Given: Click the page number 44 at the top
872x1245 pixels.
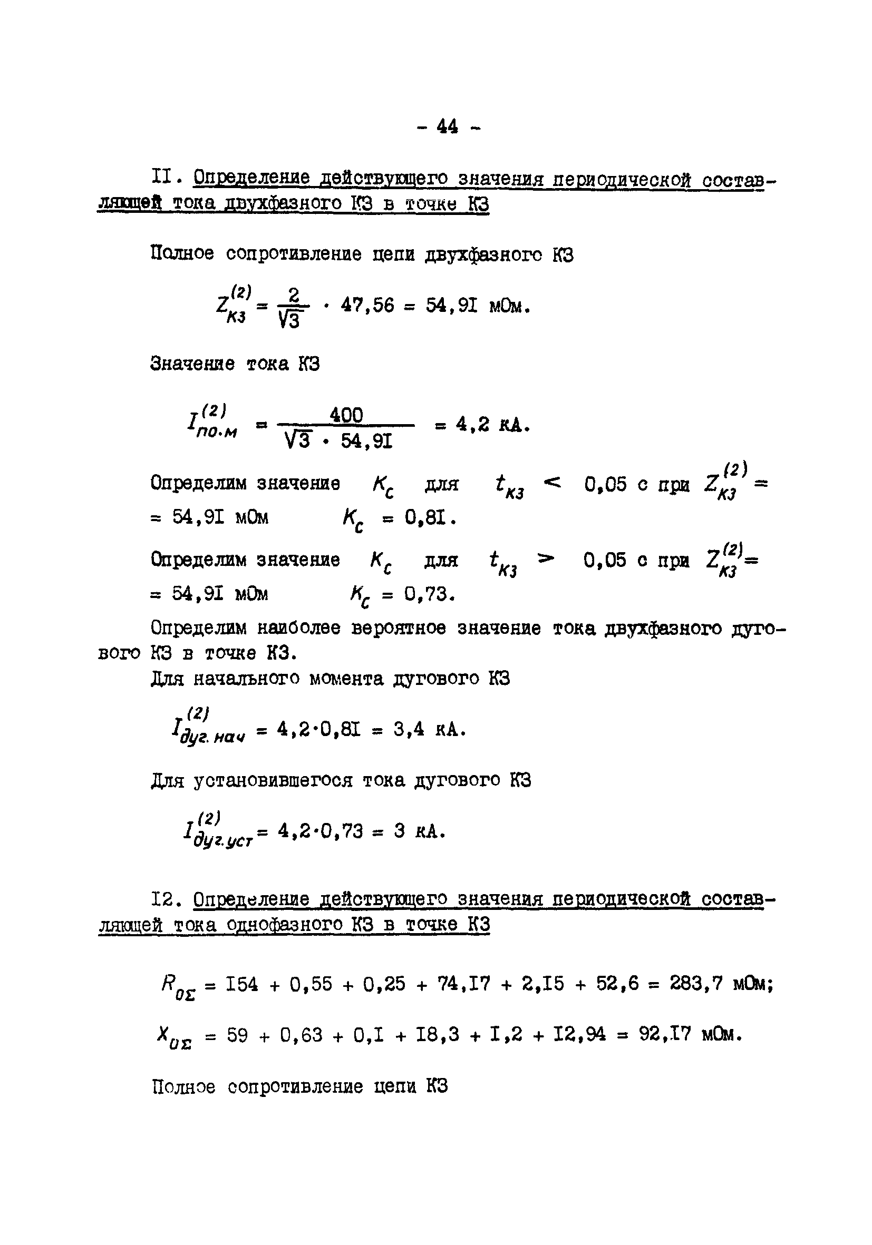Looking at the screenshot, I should coord(447,127).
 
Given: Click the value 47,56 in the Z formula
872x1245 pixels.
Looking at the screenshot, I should coord(367,306).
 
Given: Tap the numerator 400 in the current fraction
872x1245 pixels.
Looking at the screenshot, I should coord(346,415).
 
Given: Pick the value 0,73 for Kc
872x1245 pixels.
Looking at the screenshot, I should coord(429,595).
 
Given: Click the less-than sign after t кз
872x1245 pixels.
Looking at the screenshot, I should coord(552,482).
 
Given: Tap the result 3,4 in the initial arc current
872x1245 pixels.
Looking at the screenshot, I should coord(409,730).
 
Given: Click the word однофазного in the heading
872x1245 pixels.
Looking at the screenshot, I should coord(283,925).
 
